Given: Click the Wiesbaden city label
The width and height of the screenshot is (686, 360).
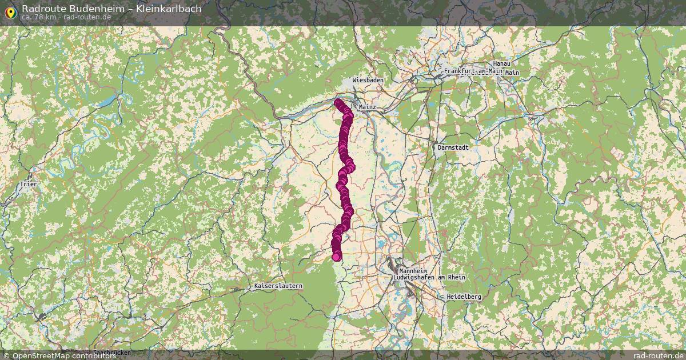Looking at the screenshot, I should click(x=368, y=81).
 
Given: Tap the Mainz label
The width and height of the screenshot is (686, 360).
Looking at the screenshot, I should click(x=366, y=107).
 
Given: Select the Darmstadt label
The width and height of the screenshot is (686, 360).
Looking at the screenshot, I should click(x=453, y=147).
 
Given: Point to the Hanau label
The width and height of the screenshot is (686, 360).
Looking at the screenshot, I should click(x=501, y=63).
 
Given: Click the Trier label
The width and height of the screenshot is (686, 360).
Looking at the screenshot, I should click(x=27, y=184).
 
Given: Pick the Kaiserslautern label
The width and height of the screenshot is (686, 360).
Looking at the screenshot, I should click(x=278, y=286).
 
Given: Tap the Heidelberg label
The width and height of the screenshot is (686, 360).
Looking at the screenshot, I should click(x=464, y=297).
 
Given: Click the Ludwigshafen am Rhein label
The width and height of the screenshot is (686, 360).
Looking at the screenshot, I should click(x=426, y=277).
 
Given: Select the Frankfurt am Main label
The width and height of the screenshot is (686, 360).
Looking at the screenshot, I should click(x=473, y=71).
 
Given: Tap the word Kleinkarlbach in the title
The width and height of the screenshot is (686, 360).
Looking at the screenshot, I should click(x=165, y=9).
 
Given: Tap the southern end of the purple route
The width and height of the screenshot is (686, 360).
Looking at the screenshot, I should click(x=337, y=257).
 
